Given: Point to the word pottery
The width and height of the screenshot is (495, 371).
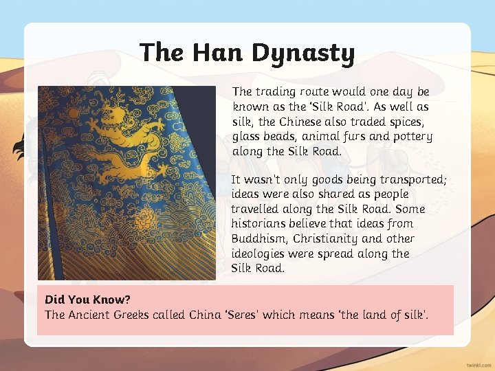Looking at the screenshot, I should (412, 136).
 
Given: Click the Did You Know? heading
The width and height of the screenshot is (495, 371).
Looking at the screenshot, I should (87, 300).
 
